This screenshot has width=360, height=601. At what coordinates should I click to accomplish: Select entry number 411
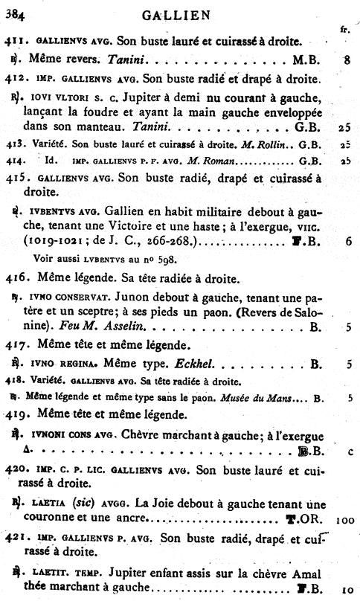point(16,39)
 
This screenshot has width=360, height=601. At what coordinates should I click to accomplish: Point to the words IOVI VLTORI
point(60,97)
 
